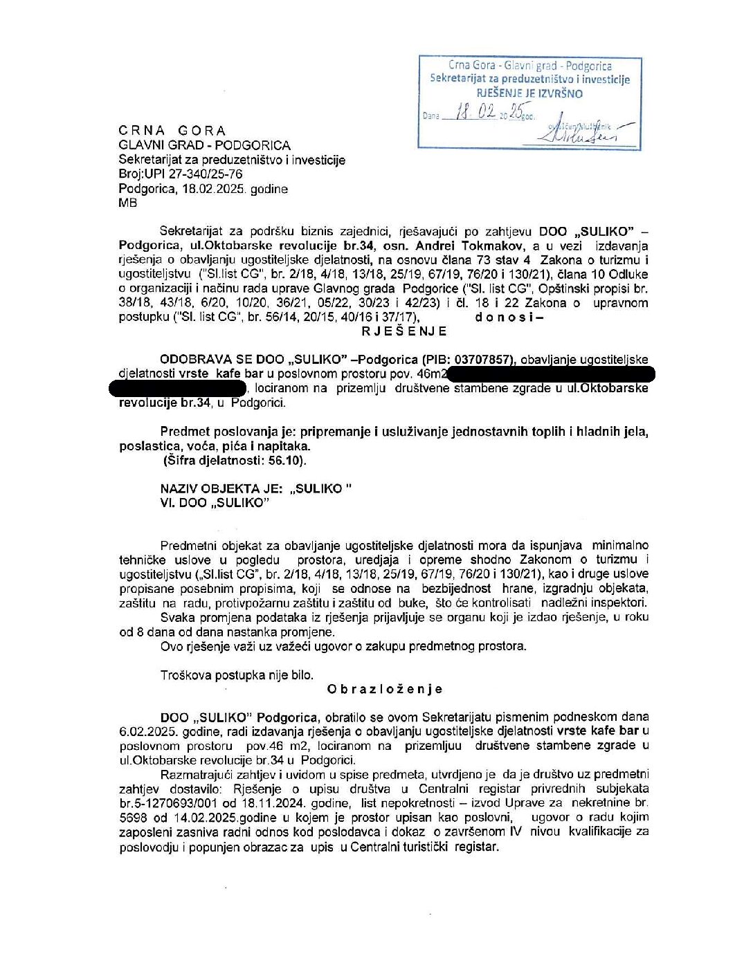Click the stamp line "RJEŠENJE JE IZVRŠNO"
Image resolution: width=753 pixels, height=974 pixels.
[529, 93]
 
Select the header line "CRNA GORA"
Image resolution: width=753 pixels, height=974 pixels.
[172, 131]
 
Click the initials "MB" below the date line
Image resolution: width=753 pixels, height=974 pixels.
[127, 203]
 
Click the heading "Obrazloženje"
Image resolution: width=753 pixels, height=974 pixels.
[384, 689]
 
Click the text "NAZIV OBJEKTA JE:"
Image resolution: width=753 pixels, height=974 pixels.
[221, 488]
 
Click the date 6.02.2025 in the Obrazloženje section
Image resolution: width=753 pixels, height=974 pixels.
[147, 731]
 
